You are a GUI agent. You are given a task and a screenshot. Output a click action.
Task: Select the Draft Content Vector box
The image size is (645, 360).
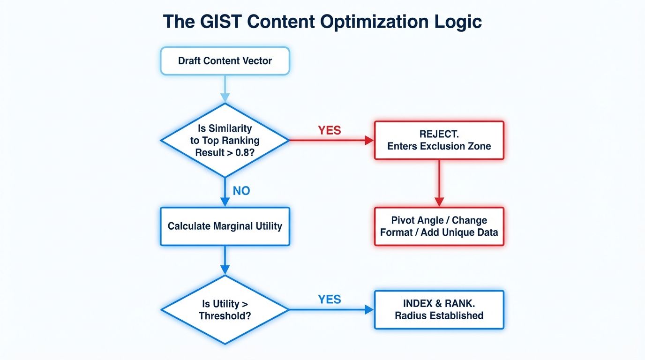coord(225,60)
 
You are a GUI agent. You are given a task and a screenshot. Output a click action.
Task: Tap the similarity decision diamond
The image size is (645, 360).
coord(225,140)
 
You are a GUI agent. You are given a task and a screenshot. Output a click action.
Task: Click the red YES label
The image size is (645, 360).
coord(330,130)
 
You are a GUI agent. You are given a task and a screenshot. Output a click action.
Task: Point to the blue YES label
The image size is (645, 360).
coord(330,299)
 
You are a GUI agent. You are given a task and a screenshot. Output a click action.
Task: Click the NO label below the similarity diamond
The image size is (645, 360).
coord(241,191)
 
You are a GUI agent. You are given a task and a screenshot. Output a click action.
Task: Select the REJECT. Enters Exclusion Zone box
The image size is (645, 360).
coord(439,140)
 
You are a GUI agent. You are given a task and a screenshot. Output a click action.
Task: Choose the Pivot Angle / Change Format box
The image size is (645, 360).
coord(439,226)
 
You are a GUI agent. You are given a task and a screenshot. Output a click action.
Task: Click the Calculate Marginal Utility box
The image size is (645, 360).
coord(225,226)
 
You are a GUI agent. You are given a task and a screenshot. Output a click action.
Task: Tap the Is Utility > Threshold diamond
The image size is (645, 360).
coord(225,310)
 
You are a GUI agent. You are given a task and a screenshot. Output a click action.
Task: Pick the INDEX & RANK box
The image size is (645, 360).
coord(439,309)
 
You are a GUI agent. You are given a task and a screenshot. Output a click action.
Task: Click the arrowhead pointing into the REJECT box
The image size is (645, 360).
coord(369,140)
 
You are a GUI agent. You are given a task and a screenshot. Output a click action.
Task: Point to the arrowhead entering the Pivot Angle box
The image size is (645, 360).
coord(439,202)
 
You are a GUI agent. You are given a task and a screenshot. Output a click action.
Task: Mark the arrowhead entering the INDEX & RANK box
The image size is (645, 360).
coord(369,309)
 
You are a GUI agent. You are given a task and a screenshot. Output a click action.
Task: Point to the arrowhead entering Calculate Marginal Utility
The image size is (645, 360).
coord(225,202)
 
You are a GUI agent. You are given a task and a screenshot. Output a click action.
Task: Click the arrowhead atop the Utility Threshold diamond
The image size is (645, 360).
coord(225,270)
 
